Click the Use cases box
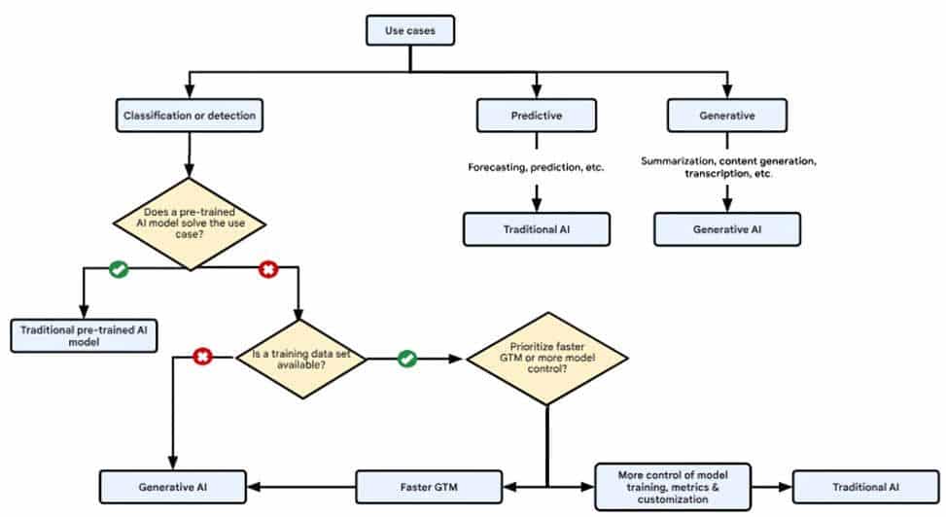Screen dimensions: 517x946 click(410, 30)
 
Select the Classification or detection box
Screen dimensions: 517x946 click(190, 117)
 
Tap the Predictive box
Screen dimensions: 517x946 click(535, 117)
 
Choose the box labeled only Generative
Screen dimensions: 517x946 click(726, 117)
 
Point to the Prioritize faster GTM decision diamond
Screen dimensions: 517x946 click(547, 359)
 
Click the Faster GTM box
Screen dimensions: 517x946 click(429, 485)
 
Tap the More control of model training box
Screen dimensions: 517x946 click(672, 485)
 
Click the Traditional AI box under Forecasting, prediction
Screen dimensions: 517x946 click(536, 229)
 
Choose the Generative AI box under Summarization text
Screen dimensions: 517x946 click(726, 229)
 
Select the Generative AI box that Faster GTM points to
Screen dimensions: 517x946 click(173, 485)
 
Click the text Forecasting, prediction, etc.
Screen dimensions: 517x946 click(536, 167)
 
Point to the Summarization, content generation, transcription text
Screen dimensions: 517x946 click(727, 166)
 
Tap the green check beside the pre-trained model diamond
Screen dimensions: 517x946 click(119, 270)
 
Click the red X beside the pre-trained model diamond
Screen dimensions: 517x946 click(267, 270)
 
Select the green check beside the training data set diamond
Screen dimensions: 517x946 click(406, 359)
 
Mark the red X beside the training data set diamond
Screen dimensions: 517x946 click(203, 359)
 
